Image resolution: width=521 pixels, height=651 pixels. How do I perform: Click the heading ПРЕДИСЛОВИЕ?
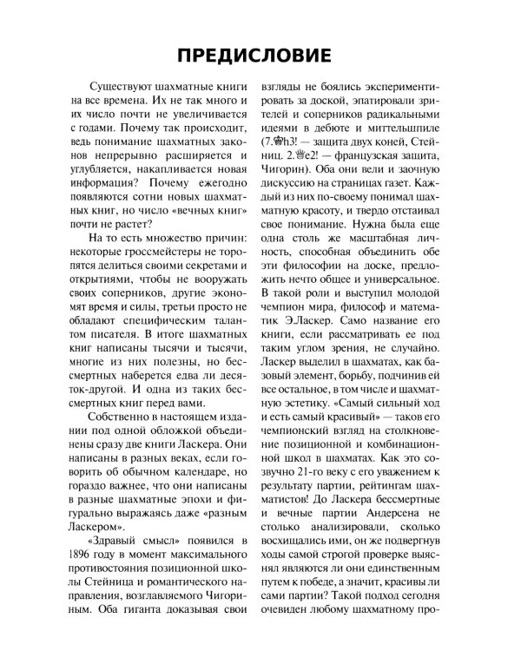[260, 54]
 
